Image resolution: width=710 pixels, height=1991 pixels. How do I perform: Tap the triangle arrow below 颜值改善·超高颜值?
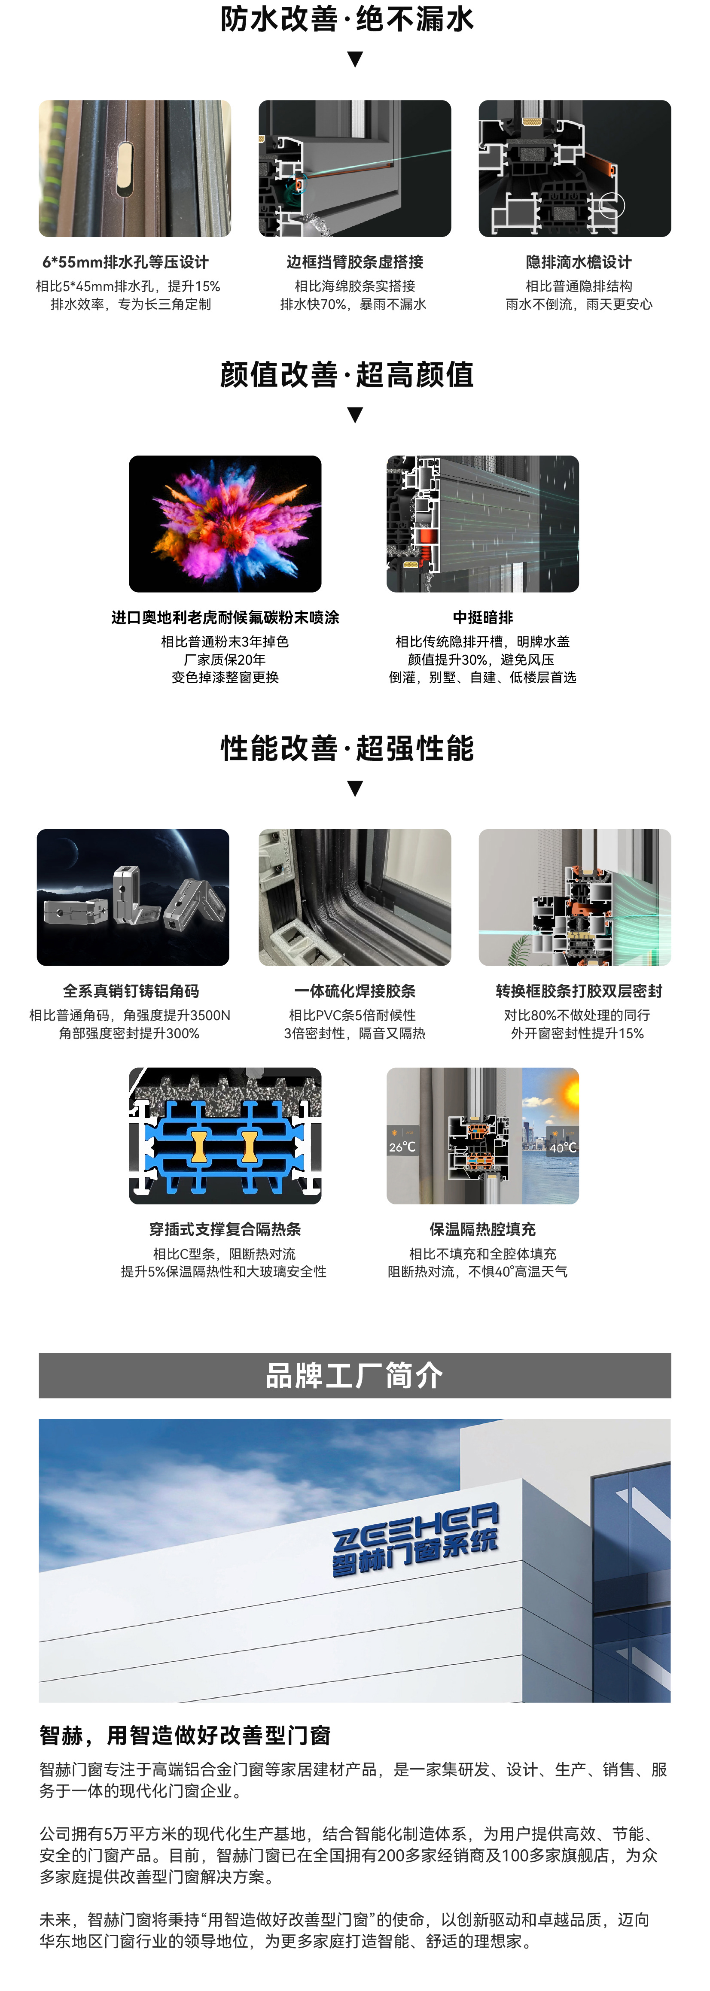(x=355, y=415)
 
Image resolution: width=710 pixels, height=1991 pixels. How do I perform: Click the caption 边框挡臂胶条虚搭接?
(x=355, y=262)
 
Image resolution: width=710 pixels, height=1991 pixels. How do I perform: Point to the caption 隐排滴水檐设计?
(x=579, y=262)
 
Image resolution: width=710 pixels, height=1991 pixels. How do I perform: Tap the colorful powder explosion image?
(x=225, y=524)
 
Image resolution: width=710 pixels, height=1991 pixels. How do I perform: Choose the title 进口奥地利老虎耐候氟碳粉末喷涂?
(x=225, y=617)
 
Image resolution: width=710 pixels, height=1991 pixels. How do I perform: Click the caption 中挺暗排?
(x=483, y=617)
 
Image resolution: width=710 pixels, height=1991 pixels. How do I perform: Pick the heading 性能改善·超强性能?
(x=347, y=748)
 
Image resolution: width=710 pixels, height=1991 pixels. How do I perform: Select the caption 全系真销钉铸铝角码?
(x=131, y=991)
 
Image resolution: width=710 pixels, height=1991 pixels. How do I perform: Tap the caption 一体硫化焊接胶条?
(x=355, y=991)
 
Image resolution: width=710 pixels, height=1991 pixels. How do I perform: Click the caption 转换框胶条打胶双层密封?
(x=579, y=991)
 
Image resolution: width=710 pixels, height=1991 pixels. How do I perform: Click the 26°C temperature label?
(x=402, y=1147)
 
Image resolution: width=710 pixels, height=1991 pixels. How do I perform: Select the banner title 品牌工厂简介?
(x=354, y=1375)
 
